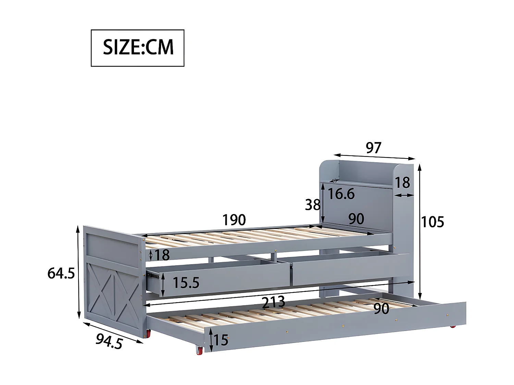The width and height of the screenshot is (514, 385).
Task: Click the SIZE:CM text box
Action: coord(137,48)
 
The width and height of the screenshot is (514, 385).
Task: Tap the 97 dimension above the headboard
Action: coord(373,148)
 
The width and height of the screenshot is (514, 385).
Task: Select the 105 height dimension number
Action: coord(432,222)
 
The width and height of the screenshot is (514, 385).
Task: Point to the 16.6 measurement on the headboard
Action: coord(341,194)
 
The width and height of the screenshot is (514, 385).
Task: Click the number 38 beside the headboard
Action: coord(313,205)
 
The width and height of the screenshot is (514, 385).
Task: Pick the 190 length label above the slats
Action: coord(234,220)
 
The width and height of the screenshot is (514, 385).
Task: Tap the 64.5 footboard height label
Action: coord(61,273)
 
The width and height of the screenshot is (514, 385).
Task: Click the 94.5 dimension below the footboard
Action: coord(109,341)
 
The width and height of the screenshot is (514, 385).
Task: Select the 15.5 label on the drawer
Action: coord(186,283)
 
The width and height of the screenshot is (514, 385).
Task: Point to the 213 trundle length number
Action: coord(273,302)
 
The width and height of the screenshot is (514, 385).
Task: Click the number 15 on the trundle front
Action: coord(221,340)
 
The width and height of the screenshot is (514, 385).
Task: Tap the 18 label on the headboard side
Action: coord(402,183)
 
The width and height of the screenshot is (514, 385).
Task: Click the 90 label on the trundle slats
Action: coord(381,309)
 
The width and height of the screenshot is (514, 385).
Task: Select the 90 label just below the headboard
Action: coord(356,219)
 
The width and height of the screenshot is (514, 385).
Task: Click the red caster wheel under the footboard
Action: coord(148,334)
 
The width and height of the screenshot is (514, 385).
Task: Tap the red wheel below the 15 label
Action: coord(199,350)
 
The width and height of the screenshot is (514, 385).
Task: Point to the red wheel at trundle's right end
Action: coord(453,326)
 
